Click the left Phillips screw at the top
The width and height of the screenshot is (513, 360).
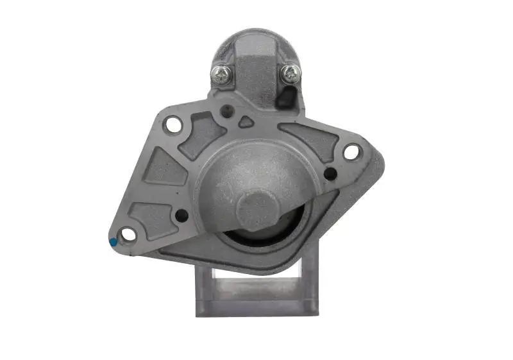(221, 74)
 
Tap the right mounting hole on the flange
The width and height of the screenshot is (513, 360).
(351, 152)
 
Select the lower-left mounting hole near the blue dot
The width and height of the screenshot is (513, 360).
(129, 234)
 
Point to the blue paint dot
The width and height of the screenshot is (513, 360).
(114, 242)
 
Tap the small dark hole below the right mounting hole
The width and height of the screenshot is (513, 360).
(330, 173)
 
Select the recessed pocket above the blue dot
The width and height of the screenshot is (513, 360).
(148, 216)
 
